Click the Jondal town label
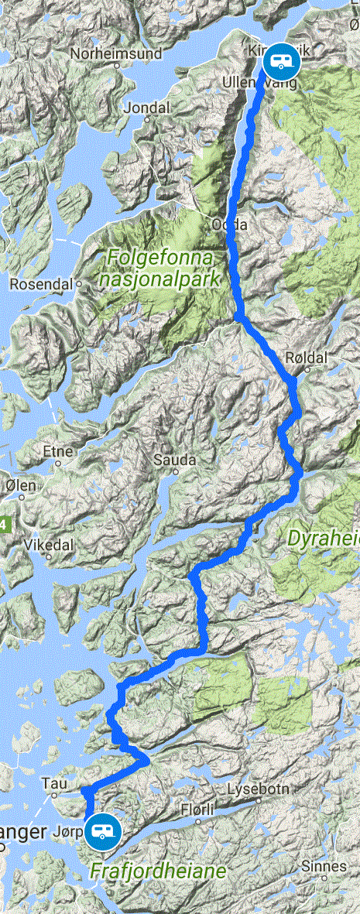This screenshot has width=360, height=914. tap(145, 108)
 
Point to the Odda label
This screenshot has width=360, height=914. tap(228, 224)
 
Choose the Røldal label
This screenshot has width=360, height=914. tap(302, 357)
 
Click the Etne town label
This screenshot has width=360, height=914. tap(59, 451)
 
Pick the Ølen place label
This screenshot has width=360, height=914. tap(20, 485)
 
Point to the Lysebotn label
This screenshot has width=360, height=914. tap(259, 790)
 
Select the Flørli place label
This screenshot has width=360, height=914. tap(195, 809)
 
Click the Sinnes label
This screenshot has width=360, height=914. tap(324, 867)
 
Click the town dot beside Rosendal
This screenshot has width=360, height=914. tap(79, 284)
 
